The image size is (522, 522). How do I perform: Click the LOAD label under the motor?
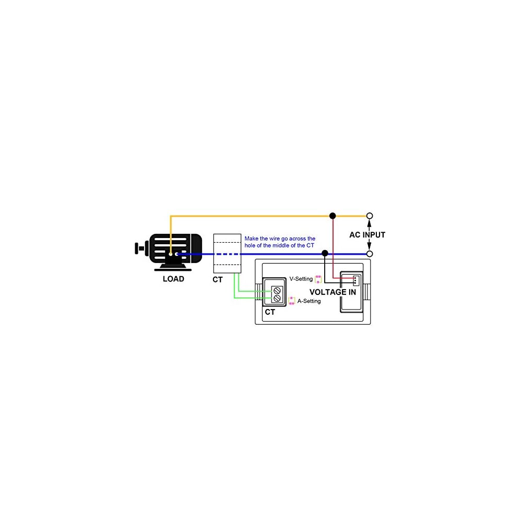click(x=173, y=279)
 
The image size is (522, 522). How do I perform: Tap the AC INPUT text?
click(x=367, y=235)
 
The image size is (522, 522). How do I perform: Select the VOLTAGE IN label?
click(x=333, y=292)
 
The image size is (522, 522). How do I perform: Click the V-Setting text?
click(x=301, y=279)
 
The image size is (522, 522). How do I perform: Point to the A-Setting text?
click(x=309, y=301)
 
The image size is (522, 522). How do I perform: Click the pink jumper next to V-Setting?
click(x=318, y=279)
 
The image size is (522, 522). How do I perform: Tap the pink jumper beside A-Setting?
click(x=292, y=301)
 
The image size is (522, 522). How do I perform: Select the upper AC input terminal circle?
click(x=370, y=216)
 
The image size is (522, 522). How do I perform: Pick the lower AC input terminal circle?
click(x=370, y=254)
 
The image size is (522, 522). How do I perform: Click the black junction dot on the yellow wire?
click(x=333, y=216)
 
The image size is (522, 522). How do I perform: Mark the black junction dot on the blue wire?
click(x=325, y=253)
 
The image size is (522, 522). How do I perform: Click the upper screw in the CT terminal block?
click(x=277, y=289)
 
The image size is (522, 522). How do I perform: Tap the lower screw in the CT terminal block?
click(x=277, y=299)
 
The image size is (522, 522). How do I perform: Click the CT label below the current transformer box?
click(x=218, y=280)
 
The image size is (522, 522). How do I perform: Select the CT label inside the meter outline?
click(x=270, y=312)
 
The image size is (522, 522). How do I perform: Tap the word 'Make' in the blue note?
click(x=252, y=239)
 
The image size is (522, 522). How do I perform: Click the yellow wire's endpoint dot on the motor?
click(x=170, y=254)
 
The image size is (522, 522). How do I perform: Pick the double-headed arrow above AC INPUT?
click(x=370, y=225)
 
